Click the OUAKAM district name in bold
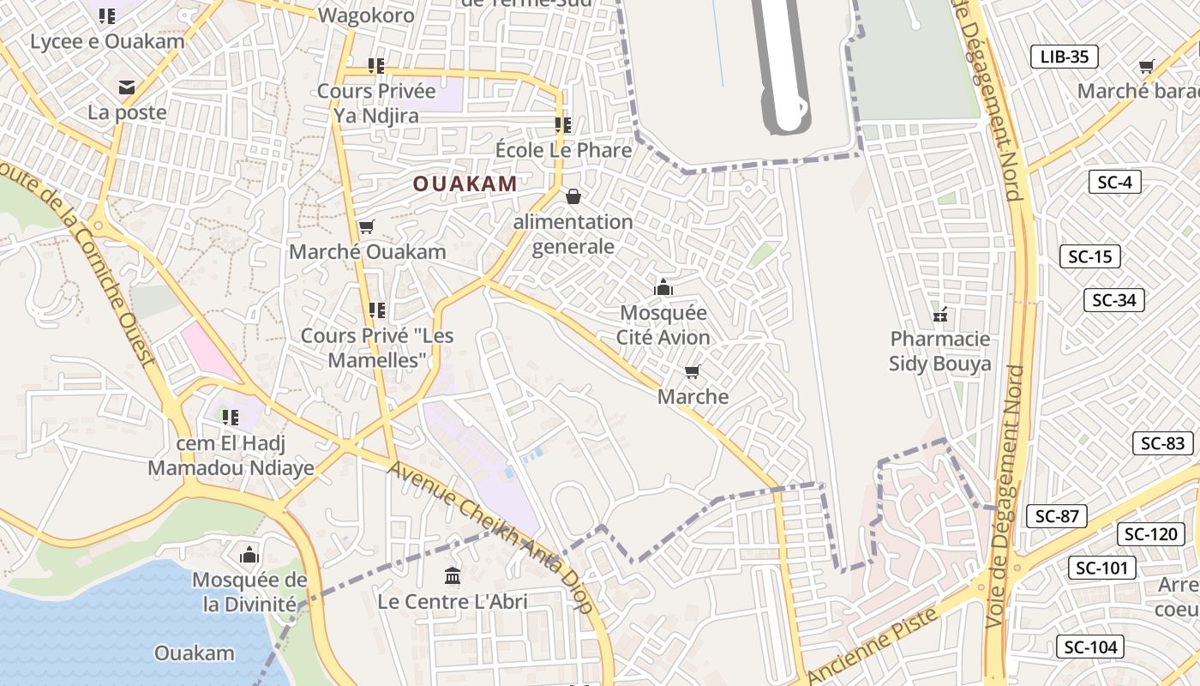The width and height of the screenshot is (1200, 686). click(x=465, y=184)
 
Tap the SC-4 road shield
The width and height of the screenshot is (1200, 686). click(x=1114, y=182)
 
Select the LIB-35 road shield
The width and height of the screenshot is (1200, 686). click(x=1064, y=57)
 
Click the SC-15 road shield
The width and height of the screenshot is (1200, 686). click(x=1090, y=256)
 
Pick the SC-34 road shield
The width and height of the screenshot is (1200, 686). click(x=1113, y=300)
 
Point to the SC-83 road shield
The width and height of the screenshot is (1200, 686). click(x=1162, y=443)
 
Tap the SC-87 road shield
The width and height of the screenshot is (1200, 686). click(x=1056, y=516)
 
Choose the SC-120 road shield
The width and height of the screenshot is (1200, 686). click(x=1150, y=534)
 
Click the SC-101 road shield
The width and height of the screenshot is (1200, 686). click(x=1102, y=568)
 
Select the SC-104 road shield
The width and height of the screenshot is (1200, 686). click(x=1089, y=647)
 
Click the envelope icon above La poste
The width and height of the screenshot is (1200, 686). click(x=127, y=87)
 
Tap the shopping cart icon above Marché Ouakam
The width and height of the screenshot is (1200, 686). click(x=367, y=226)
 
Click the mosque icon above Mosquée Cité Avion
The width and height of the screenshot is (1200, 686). click(x=663, y=287)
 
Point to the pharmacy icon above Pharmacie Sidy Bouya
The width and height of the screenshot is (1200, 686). click(x=940, y=314)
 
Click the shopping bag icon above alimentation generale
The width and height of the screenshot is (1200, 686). click(x=573, y=196)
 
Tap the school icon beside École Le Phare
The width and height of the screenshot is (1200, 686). click(x=563, y=125)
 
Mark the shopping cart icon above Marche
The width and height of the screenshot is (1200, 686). click(x=693, y=371)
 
